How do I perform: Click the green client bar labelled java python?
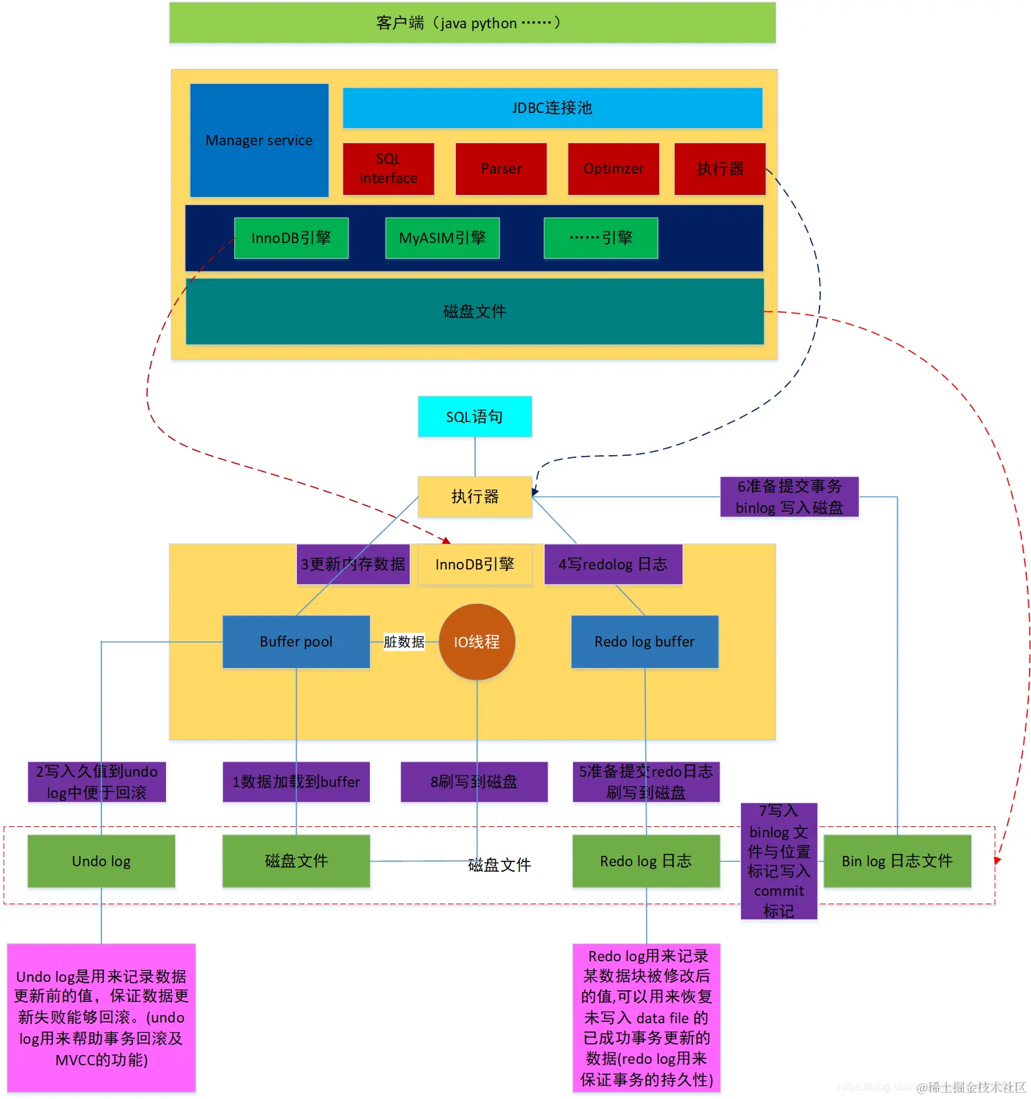pos(472,23)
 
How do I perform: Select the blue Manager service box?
pos(259,140)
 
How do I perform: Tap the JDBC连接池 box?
pos(552,108)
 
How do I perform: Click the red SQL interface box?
pos(388,169)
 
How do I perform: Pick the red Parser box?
pos(501,169)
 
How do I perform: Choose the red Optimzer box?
pos(613,169)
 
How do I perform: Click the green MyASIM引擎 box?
pos(442,238)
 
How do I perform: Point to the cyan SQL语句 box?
pos(475,417)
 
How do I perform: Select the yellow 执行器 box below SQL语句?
pos(475,496)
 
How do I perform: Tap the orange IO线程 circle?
pos(477,642)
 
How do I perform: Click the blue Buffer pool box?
pos(296,642)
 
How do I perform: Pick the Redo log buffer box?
pos(645,642)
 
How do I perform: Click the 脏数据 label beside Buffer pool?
pos(404,642)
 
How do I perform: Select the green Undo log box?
pos(101,861)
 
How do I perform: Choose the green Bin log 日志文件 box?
pos(897,861)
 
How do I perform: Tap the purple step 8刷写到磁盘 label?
pos(474,782)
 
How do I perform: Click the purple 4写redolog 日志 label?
pos(613,565)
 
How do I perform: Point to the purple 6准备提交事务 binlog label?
pos(789,496)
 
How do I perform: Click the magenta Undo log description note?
pos(101,1018)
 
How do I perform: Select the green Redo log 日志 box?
pos(646,861)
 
